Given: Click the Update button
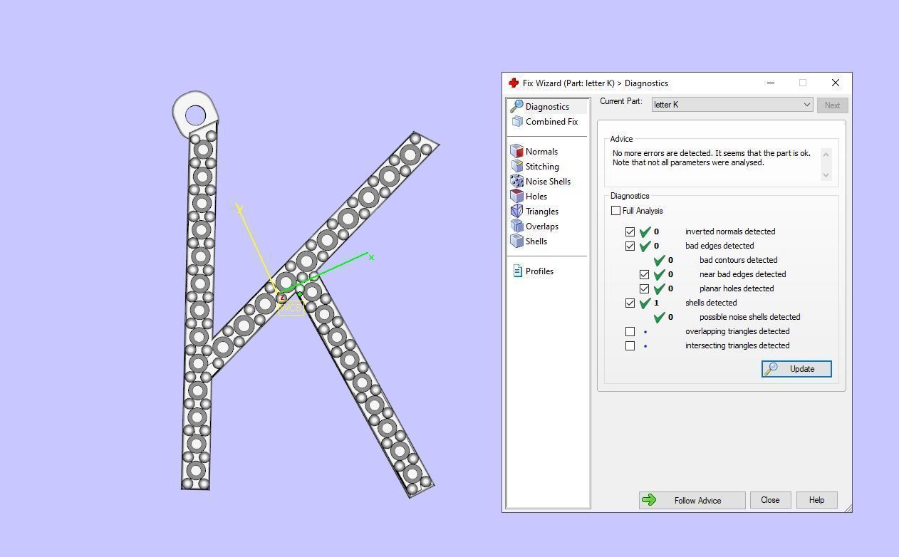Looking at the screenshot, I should (796, 369).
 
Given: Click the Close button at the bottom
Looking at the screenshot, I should (770, 500).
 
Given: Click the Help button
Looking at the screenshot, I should (816, 500).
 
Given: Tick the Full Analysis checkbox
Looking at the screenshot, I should (616, 211).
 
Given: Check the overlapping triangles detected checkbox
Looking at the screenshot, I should (630, 331).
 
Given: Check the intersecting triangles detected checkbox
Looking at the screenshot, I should (630, 345).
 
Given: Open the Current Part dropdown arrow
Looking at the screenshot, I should (806, 105).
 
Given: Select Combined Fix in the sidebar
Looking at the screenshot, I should (551, 122).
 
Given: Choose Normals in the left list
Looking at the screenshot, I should (541, 152).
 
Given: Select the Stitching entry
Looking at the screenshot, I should (541, 167).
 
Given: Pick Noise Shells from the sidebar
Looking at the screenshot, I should (547, 182).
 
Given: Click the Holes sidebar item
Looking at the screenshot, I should (536, 197).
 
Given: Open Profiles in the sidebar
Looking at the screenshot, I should (539, 271).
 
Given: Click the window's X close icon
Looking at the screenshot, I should (836, 83).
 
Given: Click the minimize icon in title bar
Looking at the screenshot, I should (771, 83).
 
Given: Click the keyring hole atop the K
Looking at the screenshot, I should (195, 115).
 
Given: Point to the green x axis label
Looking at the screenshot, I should (371, 258).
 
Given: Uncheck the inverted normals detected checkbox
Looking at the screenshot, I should (630, 231).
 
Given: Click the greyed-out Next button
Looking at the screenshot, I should (832, 105).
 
